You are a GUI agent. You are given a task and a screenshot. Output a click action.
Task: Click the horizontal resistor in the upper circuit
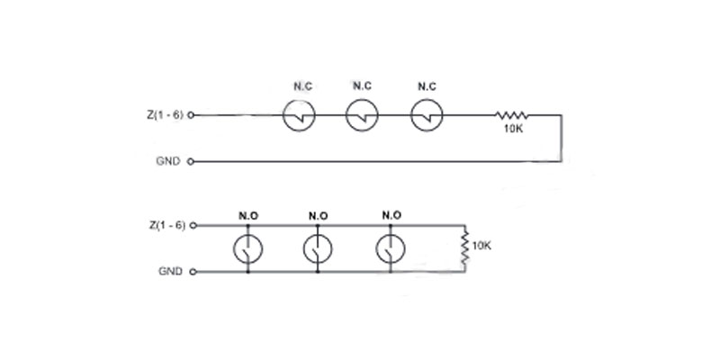click(511, 115)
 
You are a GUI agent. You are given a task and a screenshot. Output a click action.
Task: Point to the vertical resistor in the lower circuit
click(464, 248)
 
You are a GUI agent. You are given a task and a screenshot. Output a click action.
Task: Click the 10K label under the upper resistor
click(513, 129)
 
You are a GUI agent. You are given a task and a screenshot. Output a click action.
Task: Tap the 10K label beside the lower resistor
click(481, 246)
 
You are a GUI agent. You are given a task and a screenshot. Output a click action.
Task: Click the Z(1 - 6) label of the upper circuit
click(166, 115)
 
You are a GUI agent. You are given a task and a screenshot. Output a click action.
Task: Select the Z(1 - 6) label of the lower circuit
click(167, 225)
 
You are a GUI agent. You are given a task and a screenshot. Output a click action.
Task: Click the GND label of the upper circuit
click(168, 162)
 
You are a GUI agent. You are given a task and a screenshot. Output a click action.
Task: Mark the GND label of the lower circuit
click(170, 272)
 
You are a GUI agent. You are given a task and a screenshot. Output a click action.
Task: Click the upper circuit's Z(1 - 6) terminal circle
click(191, 115)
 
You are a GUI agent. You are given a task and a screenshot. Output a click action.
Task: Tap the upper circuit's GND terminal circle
click(191, 162)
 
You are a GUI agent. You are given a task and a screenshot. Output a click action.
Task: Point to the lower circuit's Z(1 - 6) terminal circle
click(193, 226)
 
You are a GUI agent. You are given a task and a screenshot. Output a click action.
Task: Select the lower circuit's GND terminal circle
click(193, 272)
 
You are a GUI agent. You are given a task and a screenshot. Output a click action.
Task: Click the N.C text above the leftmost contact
click(303, 86)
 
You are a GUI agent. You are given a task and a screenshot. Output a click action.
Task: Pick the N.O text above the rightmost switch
click(391, 215)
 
